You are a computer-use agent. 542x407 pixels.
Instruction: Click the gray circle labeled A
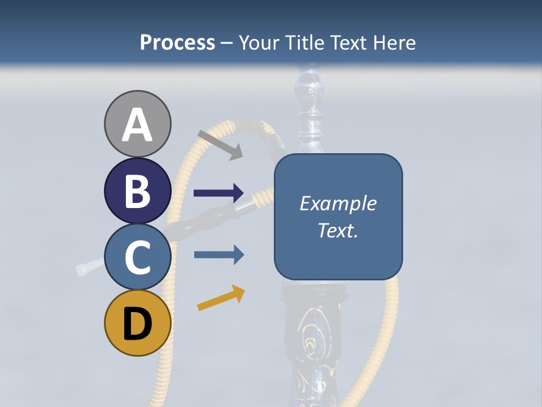(x=137, y=124)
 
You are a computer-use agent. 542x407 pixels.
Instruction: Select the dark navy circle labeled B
(x=137, y=190)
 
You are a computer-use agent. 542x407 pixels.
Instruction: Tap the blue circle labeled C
(x=137, y=257)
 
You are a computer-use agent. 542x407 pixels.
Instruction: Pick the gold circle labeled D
(x=137, y=323)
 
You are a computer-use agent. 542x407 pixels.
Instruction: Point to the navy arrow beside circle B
(x=218, y=193)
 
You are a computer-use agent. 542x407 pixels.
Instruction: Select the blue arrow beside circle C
(x=218, y=255)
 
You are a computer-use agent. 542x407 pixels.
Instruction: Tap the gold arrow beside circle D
(x=221, y=298)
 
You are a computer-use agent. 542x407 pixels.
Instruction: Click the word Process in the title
(x=177, y=42)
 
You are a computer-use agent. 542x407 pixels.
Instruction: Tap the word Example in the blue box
(x=338, y=203)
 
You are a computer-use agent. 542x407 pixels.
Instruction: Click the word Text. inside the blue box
(x=338, y=231)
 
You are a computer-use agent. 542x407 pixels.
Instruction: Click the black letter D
(x=137, y=324)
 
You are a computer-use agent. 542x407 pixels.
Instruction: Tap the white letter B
(x=137, y=191)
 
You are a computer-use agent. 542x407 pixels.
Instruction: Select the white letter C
(x=137, y=257)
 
